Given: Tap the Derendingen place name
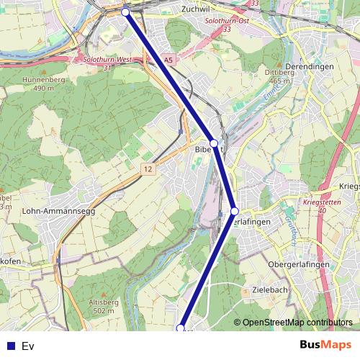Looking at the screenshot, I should point(310,67).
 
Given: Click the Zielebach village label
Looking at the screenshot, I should point(271,289).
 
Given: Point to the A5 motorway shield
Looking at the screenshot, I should point(168,61).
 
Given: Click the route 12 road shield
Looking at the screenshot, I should point(148,168).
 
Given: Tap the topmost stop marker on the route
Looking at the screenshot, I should point(125,12).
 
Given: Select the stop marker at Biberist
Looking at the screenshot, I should point(214,143).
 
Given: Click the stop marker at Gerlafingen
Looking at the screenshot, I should point(235,211).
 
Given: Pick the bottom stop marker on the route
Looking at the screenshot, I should point(181,328).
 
